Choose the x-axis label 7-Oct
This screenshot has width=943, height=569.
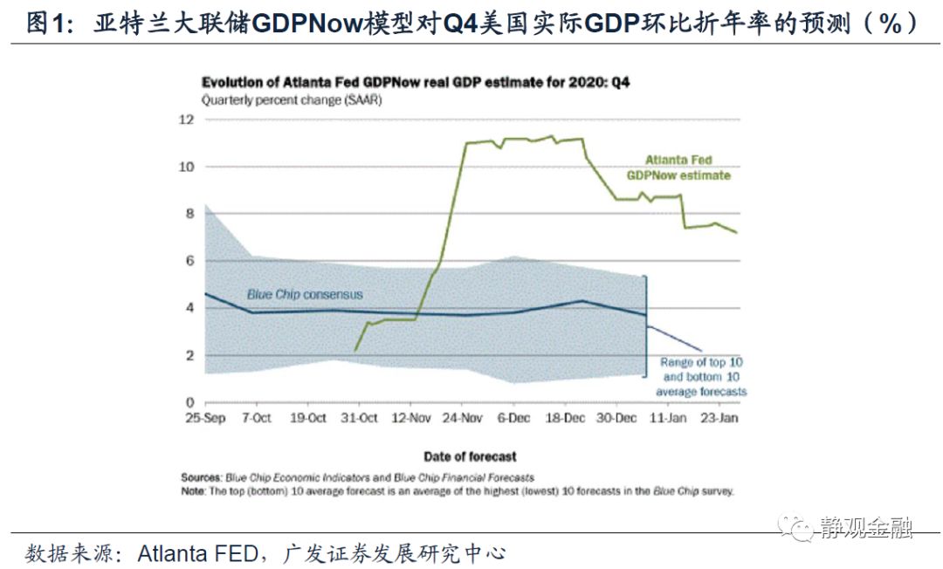(258, 419)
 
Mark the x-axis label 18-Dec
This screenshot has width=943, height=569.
(566, 419)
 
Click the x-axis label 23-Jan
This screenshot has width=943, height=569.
(720, 419)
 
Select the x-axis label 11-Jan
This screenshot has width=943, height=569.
(669, 419)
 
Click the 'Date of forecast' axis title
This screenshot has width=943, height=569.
(470, 456)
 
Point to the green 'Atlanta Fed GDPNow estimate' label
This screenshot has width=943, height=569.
(678, 168)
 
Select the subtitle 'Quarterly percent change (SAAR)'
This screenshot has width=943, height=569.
(293, 99)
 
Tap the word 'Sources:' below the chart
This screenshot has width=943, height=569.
(202, 477)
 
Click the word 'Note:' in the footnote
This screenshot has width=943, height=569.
(195, 490)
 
